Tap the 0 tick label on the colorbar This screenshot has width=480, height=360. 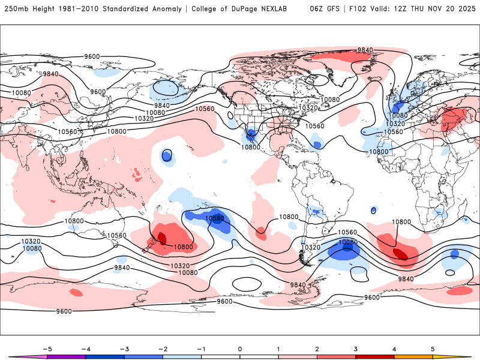click(x=239, y=349)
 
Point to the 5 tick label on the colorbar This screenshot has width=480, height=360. click(x=433, y=349)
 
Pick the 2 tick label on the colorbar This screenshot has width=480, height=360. click(x=317, y=349)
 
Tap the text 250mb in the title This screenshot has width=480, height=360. click(x=15, y=9)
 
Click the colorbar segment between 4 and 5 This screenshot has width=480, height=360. click(x=413, y=356)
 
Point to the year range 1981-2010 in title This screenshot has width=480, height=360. click(x=77, y=9)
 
